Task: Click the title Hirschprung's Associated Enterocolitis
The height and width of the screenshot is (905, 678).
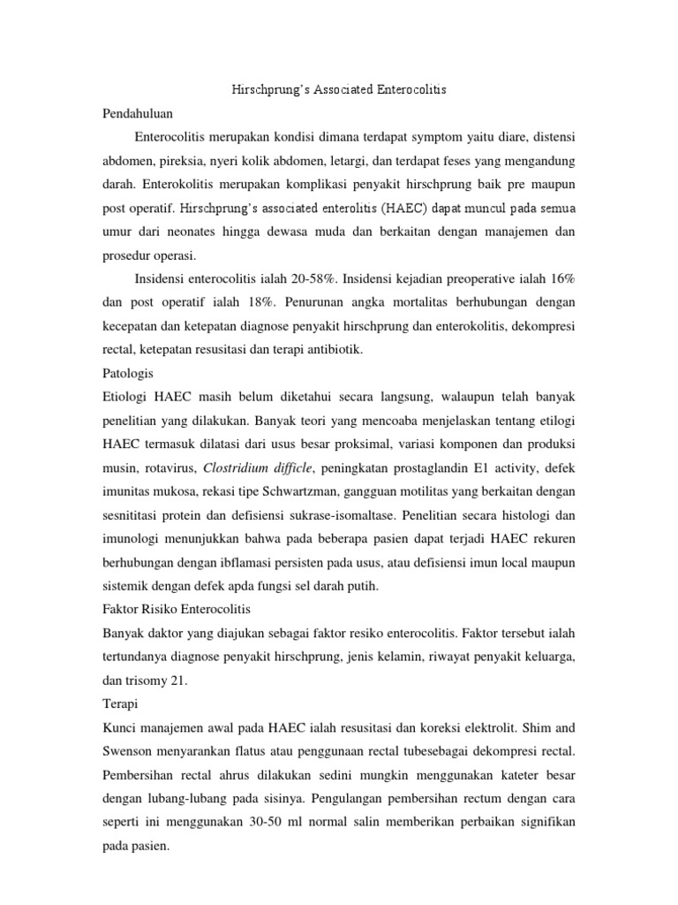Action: [x=339, y=90]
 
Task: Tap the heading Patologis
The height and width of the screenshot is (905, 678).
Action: [x=129, y=373]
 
